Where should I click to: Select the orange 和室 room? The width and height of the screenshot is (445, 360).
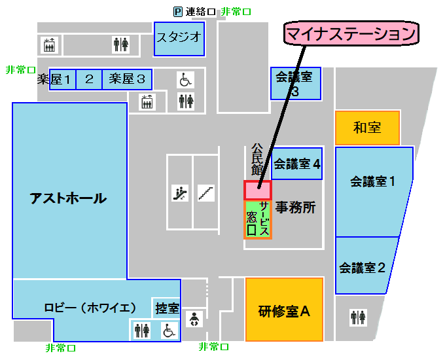coord(367,128)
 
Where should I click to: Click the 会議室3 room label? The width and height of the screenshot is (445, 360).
coord(295,83)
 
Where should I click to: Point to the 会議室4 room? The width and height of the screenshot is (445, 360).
coord(296,164)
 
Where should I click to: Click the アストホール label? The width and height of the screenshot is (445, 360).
coord(68,198)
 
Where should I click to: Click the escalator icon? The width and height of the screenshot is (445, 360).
coord(179,192)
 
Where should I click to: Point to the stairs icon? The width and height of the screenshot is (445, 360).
coord(206,192)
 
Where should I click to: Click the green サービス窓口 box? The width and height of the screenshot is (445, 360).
coord(257,219)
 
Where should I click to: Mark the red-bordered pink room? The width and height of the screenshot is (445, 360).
coord(257,190)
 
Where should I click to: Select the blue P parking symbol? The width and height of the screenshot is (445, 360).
coord(177,11)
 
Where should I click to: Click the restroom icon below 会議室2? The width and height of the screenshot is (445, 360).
coord(358,317)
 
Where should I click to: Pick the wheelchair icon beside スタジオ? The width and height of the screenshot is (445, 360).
coord(185,80)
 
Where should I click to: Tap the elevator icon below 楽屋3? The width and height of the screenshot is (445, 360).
coord(147,101)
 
